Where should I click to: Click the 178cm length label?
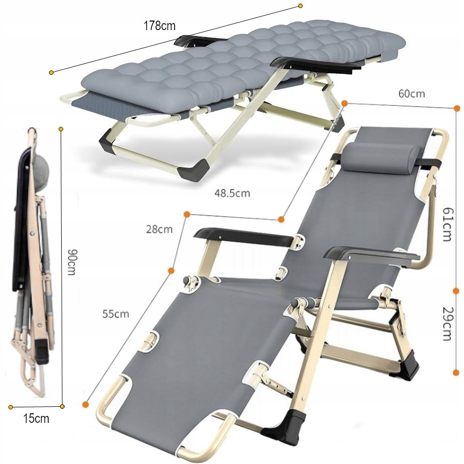coord(160,26)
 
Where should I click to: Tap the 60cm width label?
coord(412,93)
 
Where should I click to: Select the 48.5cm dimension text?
coord(232,193)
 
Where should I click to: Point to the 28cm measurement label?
coord(159,229)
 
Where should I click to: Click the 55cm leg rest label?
coord(116,314)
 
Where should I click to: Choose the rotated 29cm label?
coord(447,324)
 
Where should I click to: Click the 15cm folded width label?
coord(36,418)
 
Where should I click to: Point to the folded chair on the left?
coord(32,260)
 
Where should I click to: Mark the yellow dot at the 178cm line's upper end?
coord(300,6)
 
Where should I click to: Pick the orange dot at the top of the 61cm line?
coord(457,108)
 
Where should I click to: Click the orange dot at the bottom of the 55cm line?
coord(86,404)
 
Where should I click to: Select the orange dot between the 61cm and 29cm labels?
coord(456,291)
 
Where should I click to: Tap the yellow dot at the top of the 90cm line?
coord(61,129)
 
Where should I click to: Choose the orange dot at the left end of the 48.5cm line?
coord(187,214)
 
